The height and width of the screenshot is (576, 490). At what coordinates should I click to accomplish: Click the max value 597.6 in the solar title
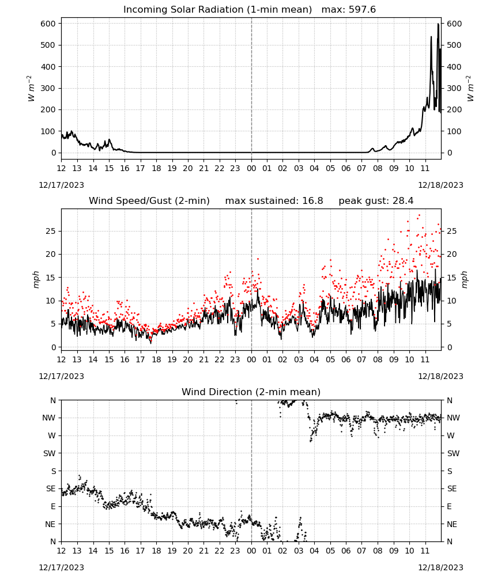363,10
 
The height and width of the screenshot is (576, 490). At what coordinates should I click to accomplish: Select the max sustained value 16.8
313,201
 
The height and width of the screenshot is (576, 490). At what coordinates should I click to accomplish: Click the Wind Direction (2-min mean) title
251,392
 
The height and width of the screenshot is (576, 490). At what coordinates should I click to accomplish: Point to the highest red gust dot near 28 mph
420,215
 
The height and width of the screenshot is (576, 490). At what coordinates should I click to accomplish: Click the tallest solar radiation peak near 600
438,24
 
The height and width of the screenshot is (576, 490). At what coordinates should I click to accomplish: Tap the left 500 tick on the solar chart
48,45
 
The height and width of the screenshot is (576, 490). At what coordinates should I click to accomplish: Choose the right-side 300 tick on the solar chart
454,88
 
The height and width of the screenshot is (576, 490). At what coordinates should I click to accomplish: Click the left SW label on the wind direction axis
50,453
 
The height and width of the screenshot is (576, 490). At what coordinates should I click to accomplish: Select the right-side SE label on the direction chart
452,488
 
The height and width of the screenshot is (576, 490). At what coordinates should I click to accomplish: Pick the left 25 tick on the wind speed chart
51,231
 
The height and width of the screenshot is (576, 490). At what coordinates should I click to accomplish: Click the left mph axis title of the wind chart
36,279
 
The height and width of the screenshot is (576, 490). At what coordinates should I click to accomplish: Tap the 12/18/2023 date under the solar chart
440,185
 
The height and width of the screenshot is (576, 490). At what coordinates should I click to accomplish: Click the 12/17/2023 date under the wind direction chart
61,567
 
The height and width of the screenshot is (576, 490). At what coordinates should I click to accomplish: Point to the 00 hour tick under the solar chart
251,168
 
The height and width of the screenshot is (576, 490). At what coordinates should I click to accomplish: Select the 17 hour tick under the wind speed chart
141,359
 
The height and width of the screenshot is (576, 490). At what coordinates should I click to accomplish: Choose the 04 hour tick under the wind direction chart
314,551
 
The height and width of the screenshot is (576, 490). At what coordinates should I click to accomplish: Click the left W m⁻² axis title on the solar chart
31,88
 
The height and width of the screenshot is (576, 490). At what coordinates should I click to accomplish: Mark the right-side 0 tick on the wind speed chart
450,347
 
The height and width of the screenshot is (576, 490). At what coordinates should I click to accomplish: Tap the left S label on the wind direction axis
53,471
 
